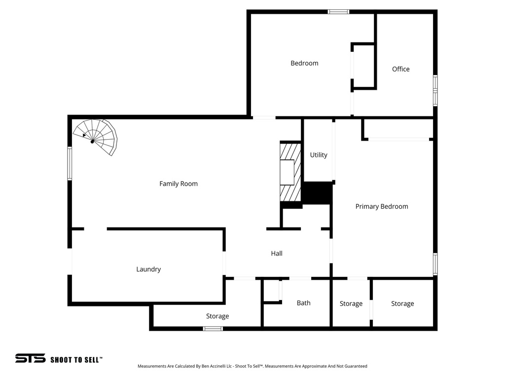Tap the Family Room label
click(179, 184)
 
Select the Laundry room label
click(148, 269)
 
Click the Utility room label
click(319, 155)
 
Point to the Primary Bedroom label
click(382, 206)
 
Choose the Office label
click(400, 69)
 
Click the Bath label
click(304, 303)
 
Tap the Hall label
click(277, 253)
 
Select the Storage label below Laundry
click(217, 316)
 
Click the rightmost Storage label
click(402, 303)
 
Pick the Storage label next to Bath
click(351, 303)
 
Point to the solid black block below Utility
click(316, 192)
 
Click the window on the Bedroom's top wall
click(339, 11)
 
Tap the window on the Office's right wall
click(435, 90)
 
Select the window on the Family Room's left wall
click(70, 163)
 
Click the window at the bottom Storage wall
click(213, 328)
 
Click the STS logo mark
click(30, 358)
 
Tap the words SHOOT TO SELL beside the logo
click(76, 360)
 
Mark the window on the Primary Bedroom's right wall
click(435, 264)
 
